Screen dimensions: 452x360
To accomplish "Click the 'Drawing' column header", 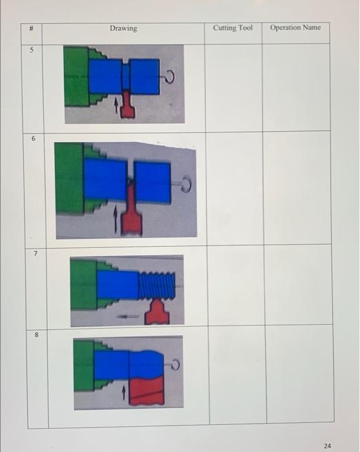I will (123, 28).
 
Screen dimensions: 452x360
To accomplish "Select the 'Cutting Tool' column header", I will (232, 28).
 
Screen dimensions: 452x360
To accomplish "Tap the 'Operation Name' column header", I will (295, 28).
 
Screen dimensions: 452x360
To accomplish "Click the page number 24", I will (327, 446).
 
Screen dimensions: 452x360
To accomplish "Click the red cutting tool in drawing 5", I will (128, 106).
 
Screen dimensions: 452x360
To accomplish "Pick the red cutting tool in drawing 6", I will (132, 213).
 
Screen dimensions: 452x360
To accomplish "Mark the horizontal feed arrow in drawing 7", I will (128, 316).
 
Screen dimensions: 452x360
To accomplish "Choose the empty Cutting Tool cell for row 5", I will (233, 87).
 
